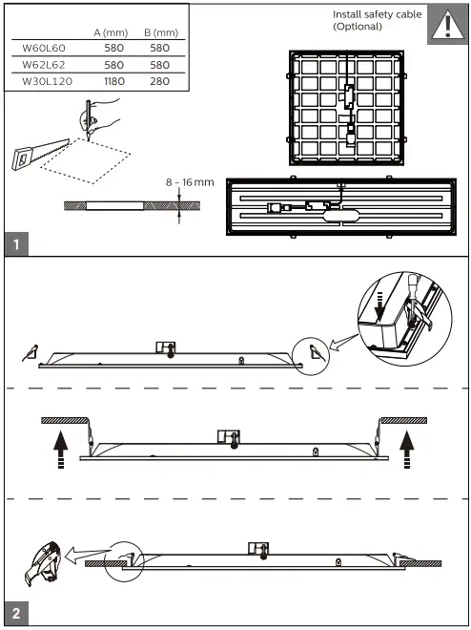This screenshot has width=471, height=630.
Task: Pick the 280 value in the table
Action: point(159,81)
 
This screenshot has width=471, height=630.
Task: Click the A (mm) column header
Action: point(111,31)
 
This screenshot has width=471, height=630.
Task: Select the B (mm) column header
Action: point(160,31)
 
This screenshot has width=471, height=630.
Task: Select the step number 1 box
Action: point(16,243)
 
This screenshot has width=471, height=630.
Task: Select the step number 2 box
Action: point(16,612)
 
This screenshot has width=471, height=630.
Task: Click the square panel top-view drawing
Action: point(346,108)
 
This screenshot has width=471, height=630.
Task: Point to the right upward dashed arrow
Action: point(408,448)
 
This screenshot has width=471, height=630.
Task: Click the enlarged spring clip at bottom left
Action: point(41,566)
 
